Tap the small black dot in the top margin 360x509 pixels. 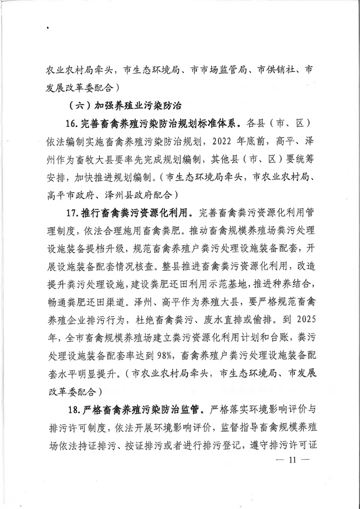coord(48,27)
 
